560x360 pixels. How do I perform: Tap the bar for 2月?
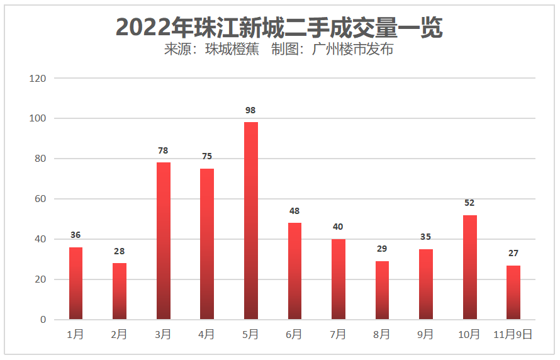(120, 291)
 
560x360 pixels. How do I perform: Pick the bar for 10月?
(469, 267)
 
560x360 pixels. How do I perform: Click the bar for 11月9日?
(513, 292)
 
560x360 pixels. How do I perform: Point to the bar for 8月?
(382, 290)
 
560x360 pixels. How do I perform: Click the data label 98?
(251, 110)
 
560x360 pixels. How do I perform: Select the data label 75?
(207, 156)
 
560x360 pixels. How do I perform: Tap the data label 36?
(76, 235)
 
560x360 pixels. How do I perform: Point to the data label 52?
(469, 203)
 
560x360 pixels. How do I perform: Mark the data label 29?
(382, 249)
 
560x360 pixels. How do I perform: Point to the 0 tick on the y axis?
(43, 320)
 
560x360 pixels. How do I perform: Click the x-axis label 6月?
(294, 335)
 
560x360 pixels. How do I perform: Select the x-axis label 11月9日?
(513, 335)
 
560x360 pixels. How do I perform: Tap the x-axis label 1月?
(76, 335)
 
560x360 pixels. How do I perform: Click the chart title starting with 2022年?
(279, 26)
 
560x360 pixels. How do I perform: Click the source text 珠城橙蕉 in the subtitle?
(232, 50)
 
